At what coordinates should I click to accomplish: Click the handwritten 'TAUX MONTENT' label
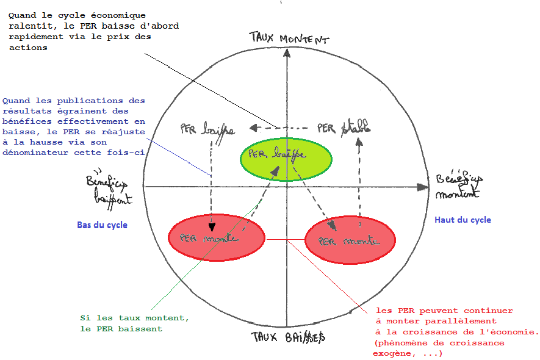pyautogui.click(x=289, y=38)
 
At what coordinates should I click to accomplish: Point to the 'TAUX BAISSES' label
pyautogui.click(x=288, y=336)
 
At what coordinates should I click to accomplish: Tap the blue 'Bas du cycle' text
pyautogui.click(x=102, y=225)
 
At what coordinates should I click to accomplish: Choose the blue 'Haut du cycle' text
pyautogui.click(x=463, y=220)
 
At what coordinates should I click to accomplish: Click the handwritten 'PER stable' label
pyautogui.click(x=344, y=129)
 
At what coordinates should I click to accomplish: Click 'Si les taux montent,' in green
pyautogui.click(x=134, y=319)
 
